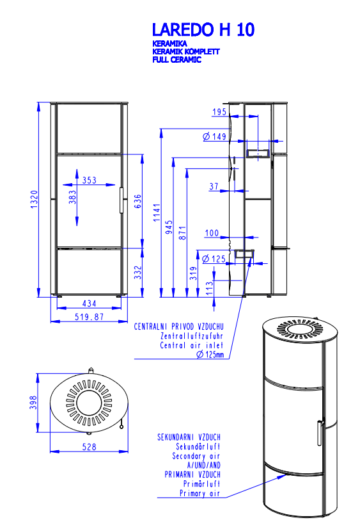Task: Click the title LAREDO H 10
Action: pos(203,29)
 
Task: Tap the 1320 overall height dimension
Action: pos(35,199)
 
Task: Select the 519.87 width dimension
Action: pos(90,316)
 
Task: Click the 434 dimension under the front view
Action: pos(90,304)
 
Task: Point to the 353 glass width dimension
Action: pos(90,180)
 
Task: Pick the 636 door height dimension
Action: pos(137,201)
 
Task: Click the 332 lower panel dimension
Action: pos(137,272)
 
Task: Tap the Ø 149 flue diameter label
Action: pos(215,136)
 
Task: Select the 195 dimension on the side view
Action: pos(219,111)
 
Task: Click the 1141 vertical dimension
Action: pos(157,213)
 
